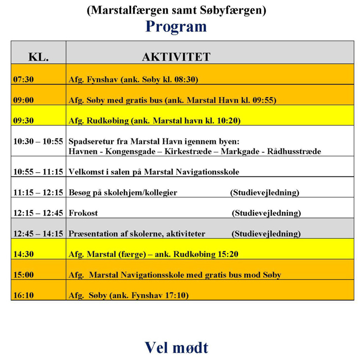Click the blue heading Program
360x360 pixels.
(176, 27)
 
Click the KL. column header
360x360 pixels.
(39, 57)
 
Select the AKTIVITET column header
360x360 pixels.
(176, 57)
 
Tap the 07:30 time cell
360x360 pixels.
(24, 80)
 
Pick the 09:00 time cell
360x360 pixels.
(24, 101)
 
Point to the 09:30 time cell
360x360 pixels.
(24, 121)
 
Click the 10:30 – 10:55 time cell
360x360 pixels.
(39, 141)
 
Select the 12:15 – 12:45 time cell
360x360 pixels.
(39, 213)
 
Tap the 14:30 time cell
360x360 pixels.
(24, 254)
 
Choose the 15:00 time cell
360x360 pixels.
(24, 275)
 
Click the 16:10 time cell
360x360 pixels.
(24, 295)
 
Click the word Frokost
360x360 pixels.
(83, 213)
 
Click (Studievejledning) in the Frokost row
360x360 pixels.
(266, 213)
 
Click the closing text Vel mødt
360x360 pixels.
(176, 347)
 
